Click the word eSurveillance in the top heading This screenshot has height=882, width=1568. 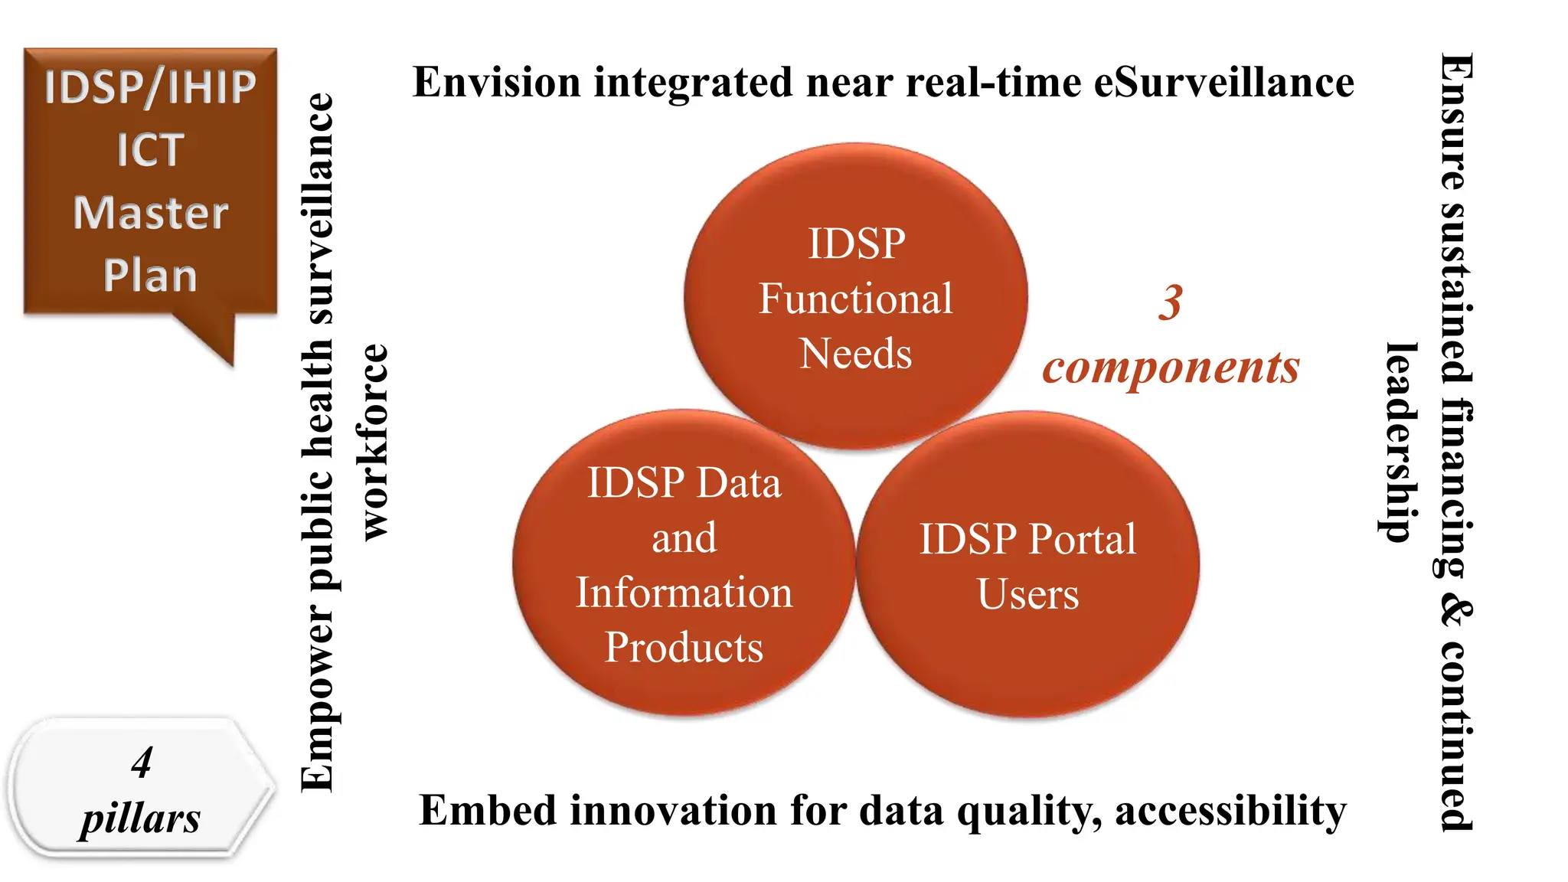point(1223,83)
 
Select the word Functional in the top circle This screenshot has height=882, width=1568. point(855,299)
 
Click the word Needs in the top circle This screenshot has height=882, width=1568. point(855,354)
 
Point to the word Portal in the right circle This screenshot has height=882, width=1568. point(1081,539)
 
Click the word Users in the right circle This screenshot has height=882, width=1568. point(1027,594)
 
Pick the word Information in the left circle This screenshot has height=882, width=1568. point(684,593)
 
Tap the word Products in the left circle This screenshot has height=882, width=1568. point(684,648)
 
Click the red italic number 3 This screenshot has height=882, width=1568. point(1170,302)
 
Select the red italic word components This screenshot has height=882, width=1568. point(1171,367)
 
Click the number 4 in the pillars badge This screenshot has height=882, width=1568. point(142,763)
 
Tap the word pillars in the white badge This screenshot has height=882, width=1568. point(140,818)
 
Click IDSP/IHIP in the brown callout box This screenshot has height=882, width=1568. point(150,87)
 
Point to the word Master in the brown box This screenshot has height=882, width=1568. point(150,213)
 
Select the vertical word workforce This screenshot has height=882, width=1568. point(374,442)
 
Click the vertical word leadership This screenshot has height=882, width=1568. point(1402,443)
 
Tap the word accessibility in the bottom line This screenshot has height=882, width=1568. point(1230,811)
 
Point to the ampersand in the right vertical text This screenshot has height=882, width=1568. point(1455,613)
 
